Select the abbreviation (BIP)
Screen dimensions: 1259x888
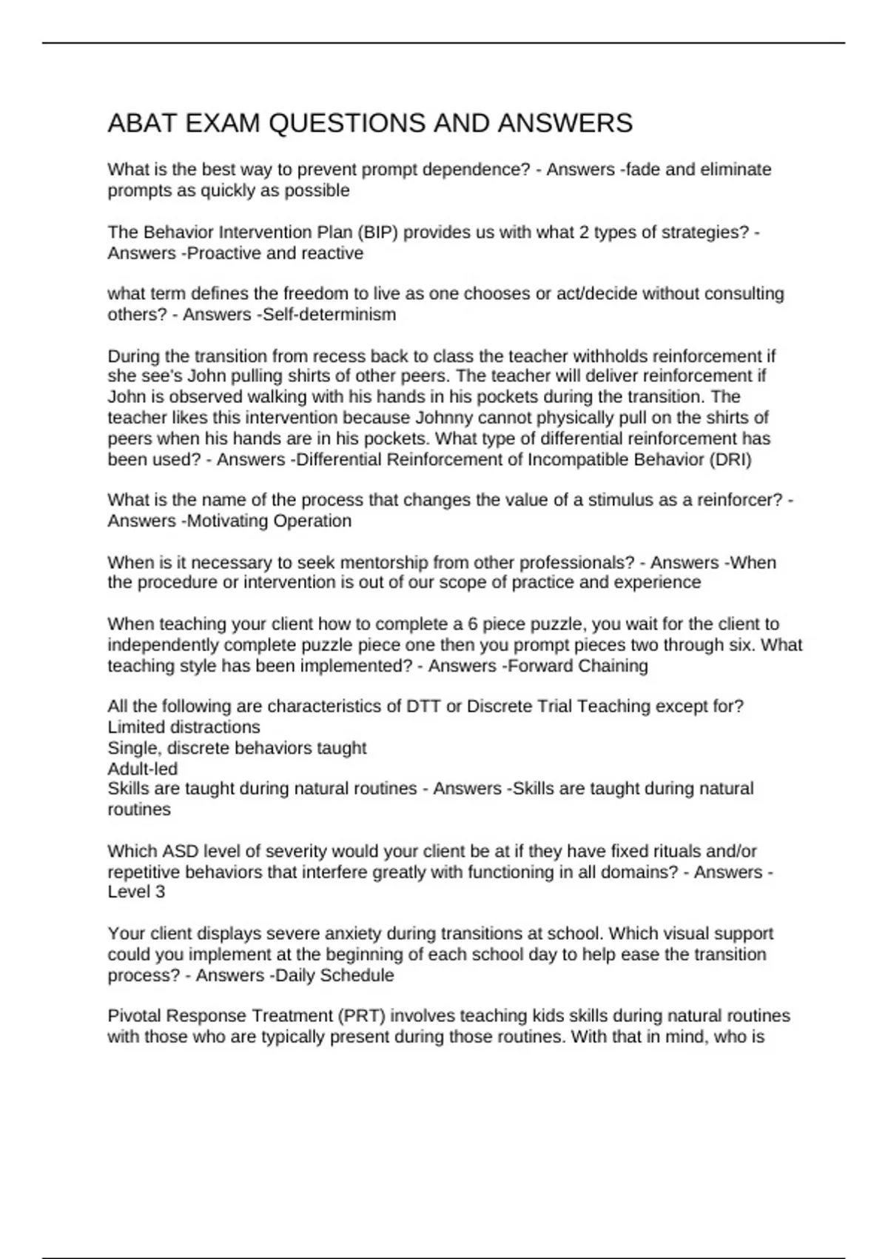pos(377,233)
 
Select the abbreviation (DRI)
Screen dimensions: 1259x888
pos(730,460)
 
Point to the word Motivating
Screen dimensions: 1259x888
pos(228,521)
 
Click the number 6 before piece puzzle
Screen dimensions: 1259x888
pos(473,624)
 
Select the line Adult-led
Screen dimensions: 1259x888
pos(143,769)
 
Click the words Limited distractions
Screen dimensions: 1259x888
pos(184,727)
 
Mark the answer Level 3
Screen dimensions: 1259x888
pos(136,892)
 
